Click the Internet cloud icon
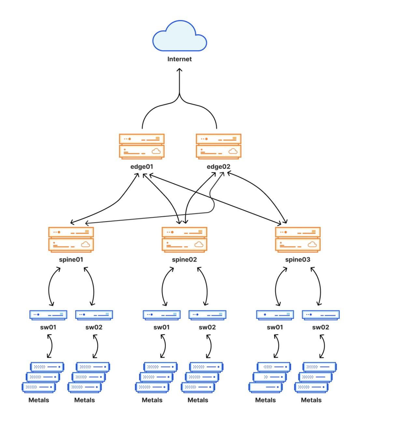pos(179,36)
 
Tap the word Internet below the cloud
pos(179,59)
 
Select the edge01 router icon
pos(142,146)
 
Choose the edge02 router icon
pos(218,146)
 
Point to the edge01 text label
pos(142,167)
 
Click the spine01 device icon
pos(71,240)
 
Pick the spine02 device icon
pos(184,240)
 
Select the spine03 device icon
pos(298,240)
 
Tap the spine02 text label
pos(184,260)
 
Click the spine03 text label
pos(298,260)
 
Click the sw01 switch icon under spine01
pos(48,315)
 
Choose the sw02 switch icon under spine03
pos(320,315)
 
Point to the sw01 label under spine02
pos(162,327)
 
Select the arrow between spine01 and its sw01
pos(49,287)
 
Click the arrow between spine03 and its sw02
pos(320,287)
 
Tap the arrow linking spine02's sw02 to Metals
pos(211,346)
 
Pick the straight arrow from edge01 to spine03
pos(215,199)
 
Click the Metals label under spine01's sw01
pos(39,400)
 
